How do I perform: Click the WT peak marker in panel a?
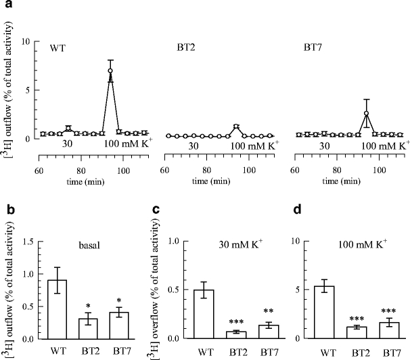point(110,70)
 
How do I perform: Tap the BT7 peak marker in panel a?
point(366,113)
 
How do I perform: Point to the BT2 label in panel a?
point(178,49)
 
